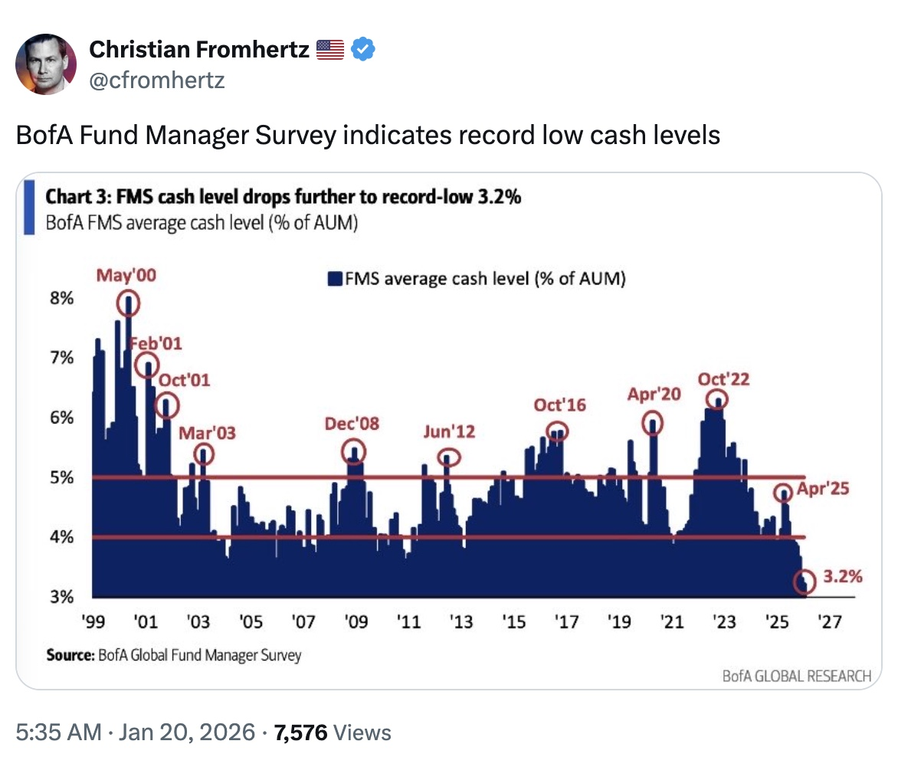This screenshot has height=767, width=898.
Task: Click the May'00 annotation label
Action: (125, 276)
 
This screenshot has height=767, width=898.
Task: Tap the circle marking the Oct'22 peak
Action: (717, 399)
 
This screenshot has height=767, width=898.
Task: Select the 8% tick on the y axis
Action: (62, 299)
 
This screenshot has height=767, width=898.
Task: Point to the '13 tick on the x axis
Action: (460, 622)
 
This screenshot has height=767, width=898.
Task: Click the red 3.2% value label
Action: (844, 575)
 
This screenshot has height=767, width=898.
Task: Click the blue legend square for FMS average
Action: (334, 280)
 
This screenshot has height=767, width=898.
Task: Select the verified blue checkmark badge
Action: (362, 51)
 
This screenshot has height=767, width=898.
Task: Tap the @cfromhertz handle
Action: (157, 79)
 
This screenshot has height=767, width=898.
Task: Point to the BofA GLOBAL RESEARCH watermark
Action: (797, 676)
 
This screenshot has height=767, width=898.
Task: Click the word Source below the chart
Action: (69, 655)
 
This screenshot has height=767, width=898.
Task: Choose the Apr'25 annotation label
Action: (824, 489)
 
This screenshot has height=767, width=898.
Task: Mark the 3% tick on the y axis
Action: (62, 598)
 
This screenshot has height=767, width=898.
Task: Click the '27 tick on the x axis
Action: (830, 622)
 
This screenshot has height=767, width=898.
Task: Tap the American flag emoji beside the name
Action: (331, 51)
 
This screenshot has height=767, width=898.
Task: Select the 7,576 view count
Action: (301, 733)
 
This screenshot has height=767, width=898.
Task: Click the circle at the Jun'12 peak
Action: (450, 458)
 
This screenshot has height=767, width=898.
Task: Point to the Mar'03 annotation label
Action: (207, 433)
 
